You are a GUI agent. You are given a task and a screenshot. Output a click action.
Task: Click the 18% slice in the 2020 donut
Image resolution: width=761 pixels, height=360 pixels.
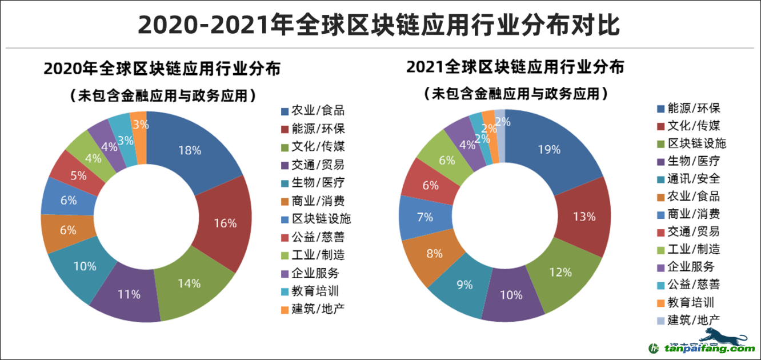[190, 150]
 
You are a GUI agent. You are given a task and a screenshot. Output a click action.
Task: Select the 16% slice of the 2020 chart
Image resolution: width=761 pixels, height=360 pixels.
[226, 223]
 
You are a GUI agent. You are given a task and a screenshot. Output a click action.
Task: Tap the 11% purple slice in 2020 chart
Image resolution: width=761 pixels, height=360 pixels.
[129, 294]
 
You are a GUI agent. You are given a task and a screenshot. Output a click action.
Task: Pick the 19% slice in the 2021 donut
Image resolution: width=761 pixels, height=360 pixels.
[550, 150]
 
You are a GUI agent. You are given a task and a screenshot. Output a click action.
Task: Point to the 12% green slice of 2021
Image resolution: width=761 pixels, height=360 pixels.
[560, 273]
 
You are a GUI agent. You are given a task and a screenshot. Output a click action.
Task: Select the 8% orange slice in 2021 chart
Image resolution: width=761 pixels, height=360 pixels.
[434, 253]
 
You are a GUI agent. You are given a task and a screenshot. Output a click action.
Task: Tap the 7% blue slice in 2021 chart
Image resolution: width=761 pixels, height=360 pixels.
[425, 217]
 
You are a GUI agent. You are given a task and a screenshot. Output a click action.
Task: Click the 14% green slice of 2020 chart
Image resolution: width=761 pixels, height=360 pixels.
[189, 283]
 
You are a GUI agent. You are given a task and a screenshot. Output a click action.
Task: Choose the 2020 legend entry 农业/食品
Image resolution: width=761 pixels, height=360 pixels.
[318, 111]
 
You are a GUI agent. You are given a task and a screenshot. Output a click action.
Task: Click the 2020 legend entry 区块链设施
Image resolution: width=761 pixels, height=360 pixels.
[321, 219]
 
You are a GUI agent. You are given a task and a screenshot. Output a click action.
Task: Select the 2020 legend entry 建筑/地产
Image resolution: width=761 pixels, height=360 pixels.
[318, 309]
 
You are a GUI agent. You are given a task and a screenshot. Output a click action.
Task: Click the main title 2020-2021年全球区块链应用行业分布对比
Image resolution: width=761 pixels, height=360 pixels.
[379, 25]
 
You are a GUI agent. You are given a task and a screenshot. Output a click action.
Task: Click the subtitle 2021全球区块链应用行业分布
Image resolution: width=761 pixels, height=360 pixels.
[515, 67]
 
